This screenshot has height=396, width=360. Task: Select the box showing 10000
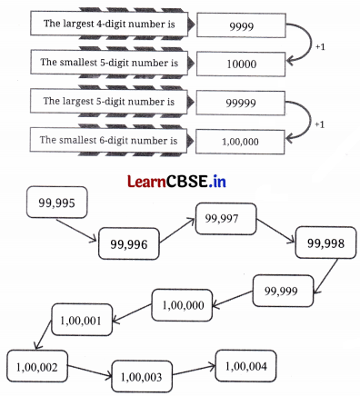pyautogui.click(x=241, y=64)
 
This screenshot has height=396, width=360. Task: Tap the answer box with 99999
pyautogui.click(x=241, y=103)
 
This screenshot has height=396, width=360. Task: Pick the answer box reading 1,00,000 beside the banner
pyautogui.click(x=241, y=142)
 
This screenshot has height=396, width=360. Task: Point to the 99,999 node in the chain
pyautogui.click(x=282, y=289)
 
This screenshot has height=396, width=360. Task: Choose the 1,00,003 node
pyautogui.click(x=140, y=375)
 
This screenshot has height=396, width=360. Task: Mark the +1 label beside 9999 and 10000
pyautogui.click(x=318, y=44)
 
